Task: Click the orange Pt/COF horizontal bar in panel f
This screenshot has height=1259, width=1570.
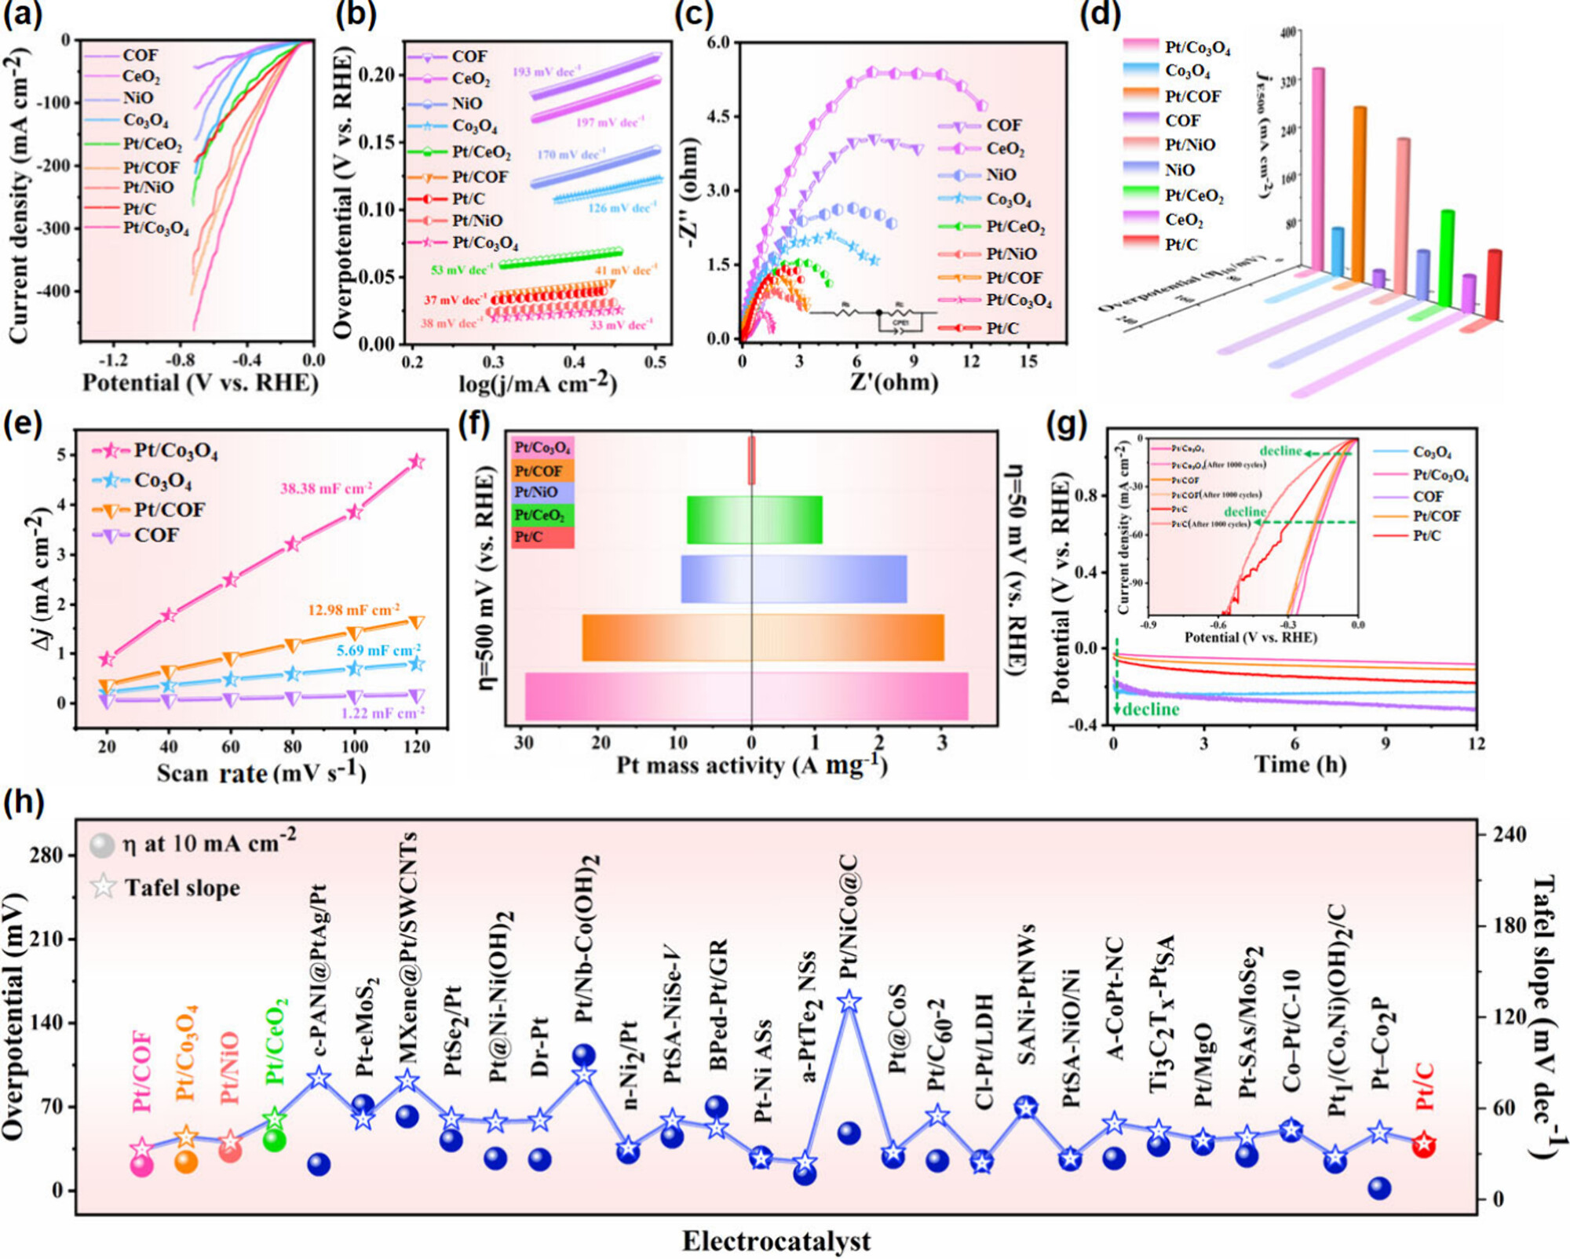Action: (762, 637)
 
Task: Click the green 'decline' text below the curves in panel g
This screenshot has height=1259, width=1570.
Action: (1151, 710)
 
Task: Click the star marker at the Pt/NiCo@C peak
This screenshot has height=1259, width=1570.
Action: (849, 1002)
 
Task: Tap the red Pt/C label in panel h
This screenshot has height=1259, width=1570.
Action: (1425, 1087)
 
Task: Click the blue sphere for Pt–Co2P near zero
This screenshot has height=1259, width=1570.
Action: (1380, 1188)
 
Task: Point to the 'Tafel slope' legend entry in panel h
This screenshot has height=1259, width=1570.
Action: (182, 888)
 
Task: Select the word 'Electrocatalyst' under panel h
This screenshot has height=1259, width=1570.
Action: (776, 1241)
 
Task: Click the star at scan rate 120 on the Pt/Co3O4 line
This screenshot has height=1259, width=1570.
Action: (417, 462)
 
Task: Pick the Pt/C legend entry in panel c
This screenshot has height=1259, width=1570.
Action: (1002, 328)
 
